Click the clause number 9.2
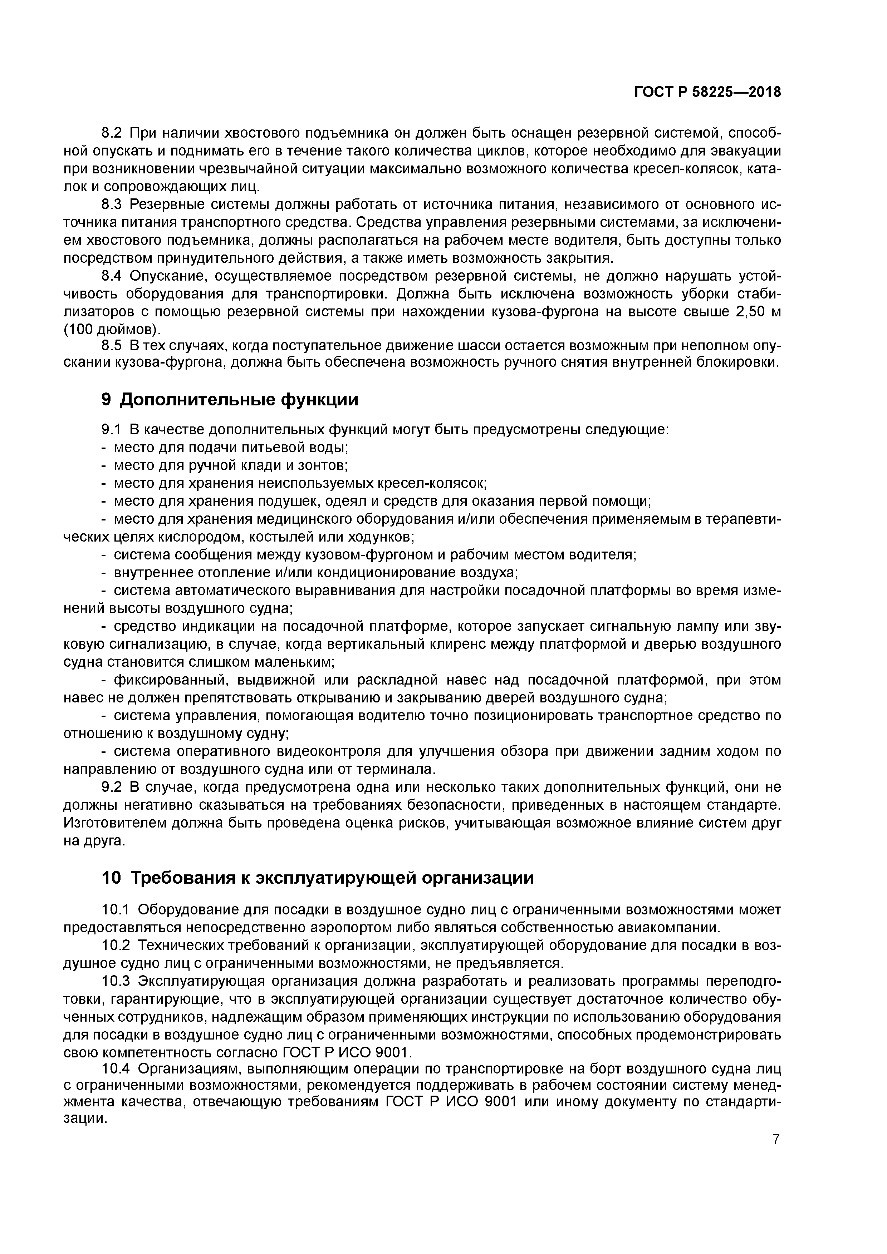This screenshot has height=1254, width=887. click(x=114, y=787)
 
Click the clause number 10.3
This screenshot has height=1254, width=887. click(x=118, y=981)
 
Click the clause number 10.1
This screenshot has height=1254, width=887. click(x=118, y=909)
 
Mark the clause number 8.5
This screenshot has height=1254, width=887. click(x=114, y=347)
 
